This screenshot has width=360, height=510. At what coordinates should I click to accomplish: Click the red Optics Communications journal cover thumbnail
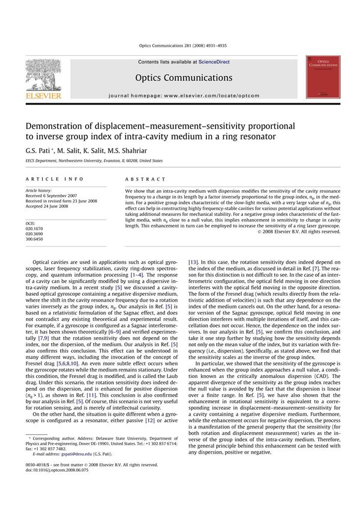tap(323, 77)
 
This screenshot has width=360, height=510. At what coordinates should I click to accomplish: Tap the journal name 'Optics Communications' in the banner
tap(184, 78)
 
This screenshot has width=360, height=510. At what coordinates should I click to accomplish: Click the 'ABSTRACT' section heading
tap(145, 179)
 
